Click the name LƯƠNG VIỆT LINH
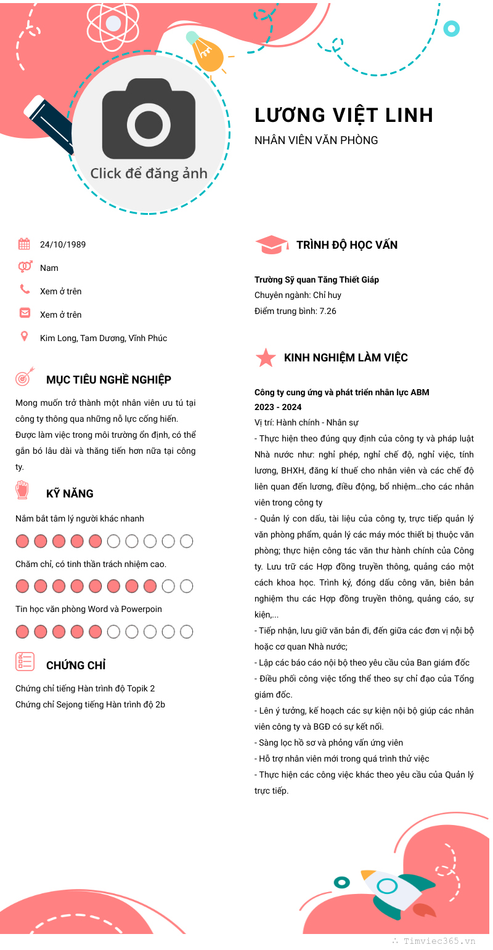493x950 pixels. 344,115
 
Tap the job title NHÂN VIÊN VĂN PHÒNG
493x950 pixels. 316,140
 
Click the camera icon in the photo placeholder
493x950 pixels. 149,119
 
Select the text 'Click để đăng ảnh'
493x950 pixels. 149,173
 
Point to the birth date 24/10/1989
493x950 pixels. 63,244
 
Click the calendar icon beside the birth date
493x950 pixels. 24,244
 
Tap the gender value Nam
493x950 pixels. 49,268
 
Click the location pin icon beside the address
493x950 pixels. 24,336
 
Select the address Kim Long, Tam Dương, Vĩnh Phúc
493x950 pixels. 104,338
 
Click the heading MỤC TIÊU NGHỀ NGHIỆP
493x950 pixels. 108,380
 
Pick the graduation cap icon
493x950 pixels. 271,245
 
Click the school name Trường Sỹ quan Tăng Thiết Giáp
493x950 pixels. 317,280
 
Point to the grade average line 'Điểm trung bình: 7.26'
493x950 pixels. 295,311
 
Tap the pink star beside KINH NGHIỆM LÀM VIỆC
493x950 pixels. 266,358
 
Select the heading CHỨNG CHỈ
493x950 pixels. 76,665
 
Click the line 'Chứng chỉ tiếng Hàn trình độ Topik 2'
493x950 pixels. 85,688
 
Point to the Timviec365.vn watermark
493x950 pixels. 439,941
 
